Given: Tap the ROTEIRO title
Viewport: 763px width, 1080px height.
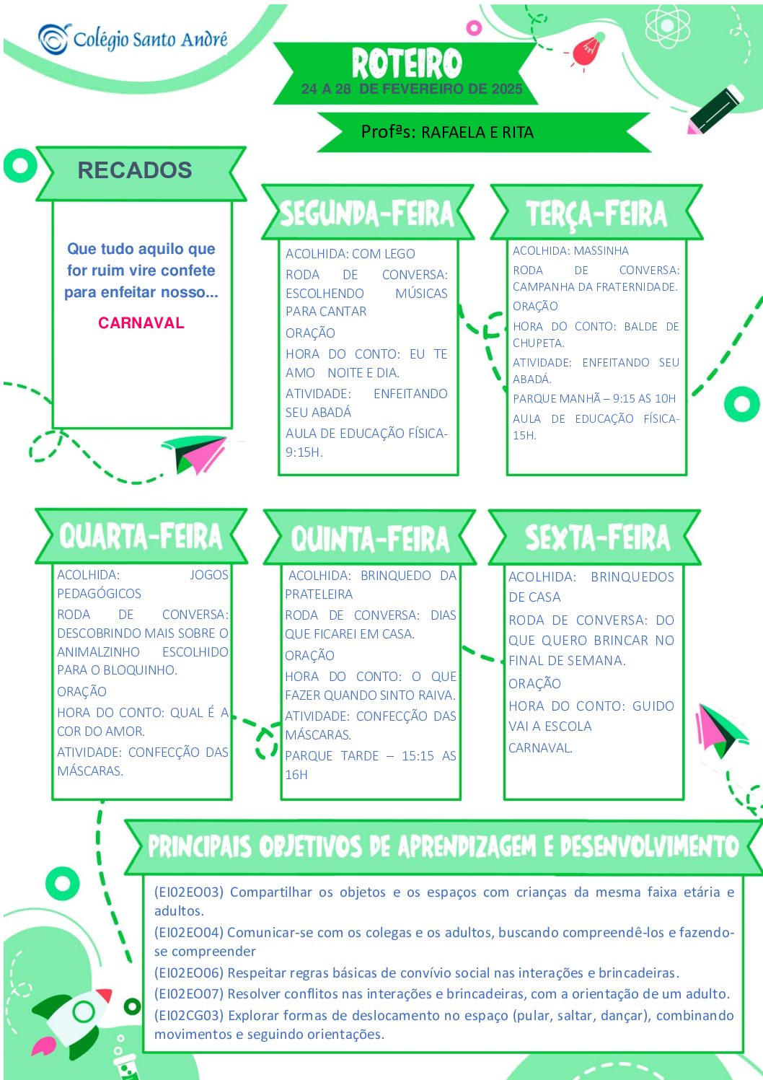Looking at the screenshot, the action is [x=407, y=63].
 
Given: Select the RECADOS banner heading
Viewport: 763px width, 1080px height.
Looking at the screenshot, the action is [x=135, y=170].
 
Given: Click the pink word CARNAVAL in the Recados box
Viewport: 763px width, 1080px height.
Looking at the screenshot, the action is [x=141, y=322].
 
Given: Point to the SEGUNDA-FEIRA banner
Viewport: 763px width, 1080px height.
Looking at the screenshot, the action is [x=367, y=213].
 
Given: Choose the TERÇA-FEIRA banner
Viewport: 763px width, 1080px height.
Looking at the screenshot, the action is [x=596, y=213].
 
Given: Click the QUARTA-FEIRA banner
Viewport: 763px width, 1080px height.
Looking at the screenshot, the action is [x=141, y=536].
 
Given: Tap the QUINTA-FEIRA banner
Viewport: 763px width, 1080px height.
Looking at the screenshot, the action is [x=370, y=537].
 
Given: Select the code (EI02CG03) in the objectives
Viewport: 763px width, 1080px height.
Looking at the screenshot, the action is [x=189, y=1015].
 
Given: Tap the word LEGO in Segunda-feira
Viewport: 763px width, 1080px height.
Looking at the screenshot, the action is [x=399, y=254].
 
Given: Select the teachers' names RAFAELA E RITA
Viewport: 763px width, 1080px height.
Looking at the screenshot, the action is [x=477, y=133].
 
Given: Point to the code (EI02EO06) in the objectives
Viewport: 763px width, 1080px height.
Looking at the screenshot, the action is [x=189, y=973].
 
